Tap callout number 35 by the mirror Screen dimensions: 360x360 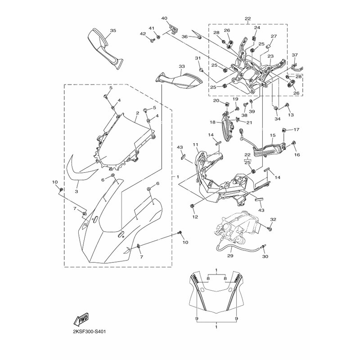tap(113, 31)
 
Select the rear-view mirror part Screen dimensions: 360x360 tap(105, 49)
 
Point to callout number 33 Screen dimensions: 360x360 tap(182, 66)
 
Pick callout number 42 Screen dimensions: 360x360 tap(143, 34)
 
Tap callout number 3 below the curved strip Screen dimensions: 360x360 tap(76, 191)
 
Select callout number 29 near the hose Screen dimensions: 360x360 tap(230, 256)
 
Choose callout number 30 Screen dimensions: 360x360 tap(265, 256)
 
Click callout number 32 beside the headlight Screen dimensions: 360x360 tap(273, 220)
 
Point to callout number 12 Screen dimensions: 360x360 tap(195, 217)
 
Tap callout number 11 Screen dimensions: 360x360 tap(195, 144)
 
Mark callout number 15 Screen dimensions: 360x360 tap(273, 135)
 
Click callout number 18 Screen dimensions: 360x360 tap(212, 122)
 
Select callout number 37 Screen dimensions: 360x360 tap(295, 55)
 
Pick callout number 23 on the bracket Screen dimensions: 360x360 tap(271, 56)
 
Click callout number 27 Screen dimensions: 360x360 tap(274, 36)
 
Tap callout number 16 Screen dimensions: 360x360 tap(297, 155)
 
